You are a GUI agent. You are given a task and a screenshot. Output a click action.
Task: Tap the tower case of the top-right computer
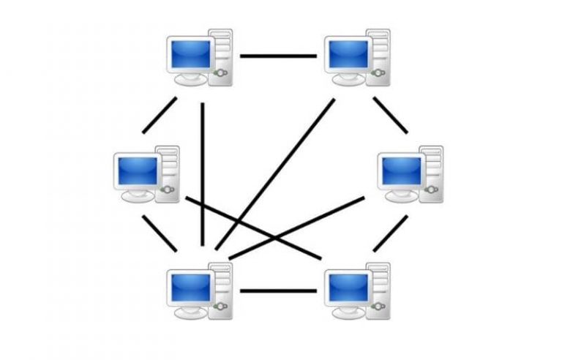coord(378,55)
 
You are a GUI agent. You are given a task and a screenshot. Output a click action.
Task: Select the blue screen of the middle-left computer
coord(138,170)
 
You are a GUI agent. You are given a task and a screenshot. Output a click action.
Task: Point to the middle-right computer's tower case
coord(432,173)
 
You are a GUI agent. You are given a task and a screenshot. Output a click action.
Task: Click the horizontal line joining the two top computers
coord(278,55)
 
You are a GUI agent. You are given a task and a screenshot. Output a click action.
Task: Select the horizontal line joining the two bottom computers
coord(278,290)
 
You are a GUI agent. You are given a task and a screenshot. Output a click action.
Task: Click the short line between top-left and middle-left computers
coord(160,115)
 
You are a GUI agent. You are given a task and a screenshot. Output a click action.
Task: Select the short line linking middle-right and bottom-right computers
coord(390,233)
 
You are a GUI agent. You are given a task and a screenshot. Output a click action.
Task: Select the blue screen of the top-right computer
coord(348,54)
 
